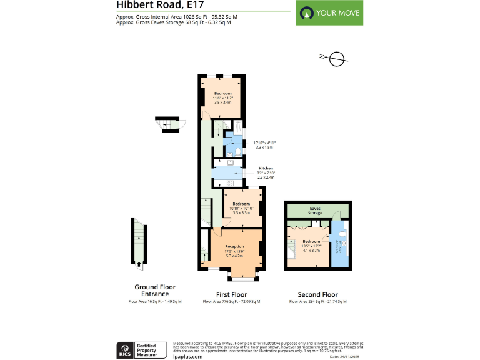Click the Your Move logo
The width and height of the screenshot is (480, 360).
click(x=330, y=13)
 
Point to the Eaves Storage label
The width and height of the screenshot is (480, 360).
click(x=314, y=211)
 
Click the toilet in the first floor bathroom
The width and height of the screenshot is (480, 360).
click(x=238, y=151)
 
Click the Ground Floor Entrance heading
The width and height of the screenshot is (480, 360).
click(x=155, y=290)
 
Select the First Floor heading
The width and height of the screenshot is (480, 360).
click(x=231, y=294)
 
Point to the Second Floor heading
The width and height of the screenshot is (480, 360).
click(x=317, y=294)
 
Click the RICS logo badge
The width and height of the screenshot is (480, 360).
click(x=125, y=349)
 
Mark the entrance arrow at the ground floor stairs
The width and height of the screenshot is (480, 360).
click(x=139, y=267)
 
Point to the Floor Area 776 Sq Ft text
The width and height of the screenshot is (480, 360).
click(x=231, y=302)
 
